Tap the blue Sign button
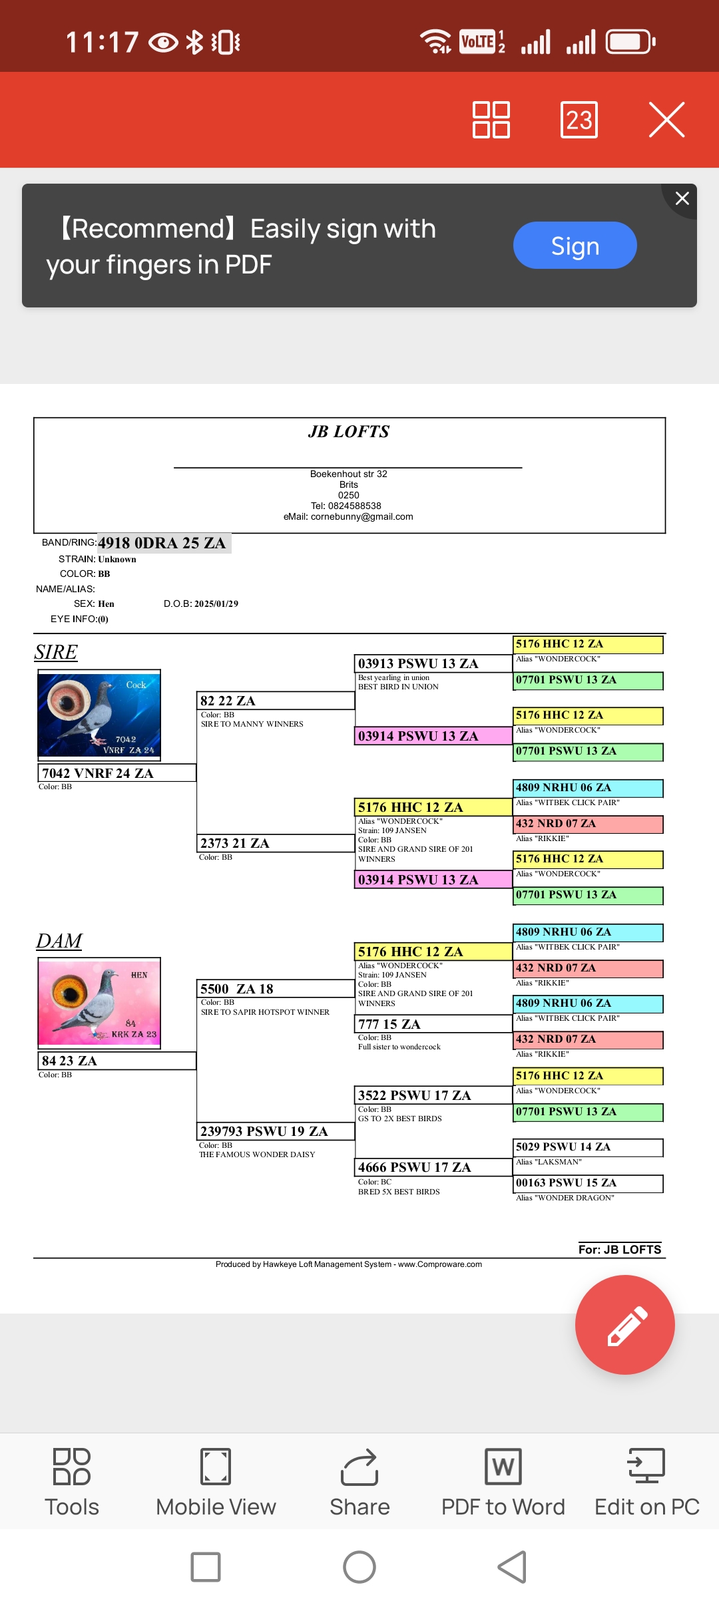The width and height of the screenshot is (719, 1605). [575, 246]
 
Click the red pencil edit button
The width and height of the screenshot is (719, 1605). [624, 1324]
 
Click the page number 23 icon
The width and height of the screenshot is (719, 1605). [579, 120]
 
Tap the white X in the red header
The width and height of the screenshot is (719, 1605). [666, 120]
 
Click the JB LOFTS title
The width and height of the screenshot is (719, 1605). [349, 432]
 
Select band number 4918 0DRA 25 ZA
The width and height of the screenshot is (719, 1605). [162, 543]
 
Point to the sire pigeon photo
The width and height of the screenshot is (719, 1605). [99, 715]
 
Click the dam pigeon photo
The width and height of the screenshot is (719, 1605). [99, 1003]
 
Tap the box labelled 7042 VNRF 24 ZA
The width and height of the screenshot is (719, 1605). [117, 773]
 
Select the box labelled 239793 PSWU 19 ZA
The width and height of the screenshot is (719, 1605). [275, 1131]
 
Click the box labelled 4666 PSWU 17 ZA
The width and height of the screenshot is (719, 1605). [433, 1167]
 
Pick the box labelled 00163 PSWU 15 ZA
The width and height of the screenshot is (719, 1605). [588, 1183]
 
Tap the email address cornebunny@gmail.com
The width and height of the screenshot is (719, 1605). [361, 516]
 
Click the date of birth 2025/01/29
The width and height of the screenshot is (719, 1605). [216, 604]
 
